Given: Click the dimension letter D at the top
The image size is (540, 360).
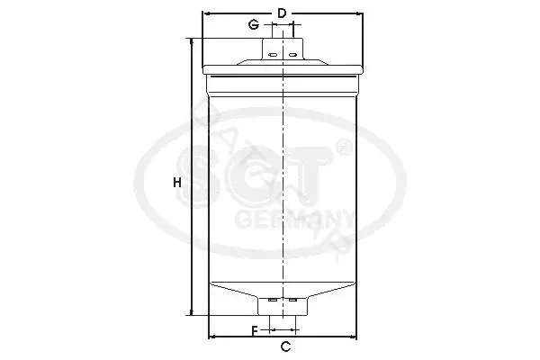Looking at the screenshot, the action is [x=282, y=13].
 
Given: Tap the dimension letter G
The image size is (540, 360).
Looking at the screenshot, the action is [x=254, y=25].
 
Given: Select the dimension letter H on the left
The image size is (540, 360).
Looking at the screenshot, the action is [x=177, y=183].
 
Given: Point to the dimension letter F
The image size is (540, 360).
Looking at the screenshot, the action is [x=255, y=331].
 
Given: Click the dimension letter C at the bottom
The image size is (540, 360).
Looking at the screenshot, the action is [x=285, y=346].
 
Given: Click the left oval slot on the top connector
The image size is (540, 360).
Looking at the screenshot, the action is [x=273, y=55].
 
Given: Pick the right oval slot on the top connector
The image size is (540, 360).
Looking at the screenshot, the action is [x=292, y=55].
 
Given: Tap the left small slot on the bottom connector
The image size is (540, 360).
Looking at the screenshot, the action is [x=273, y=300].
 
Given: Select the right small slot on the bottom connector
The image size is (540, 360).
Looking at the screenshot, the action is [x=292, y=300].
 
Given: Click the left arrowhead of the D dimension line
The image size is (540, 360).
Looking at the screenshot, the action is [x=206, y=13].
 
